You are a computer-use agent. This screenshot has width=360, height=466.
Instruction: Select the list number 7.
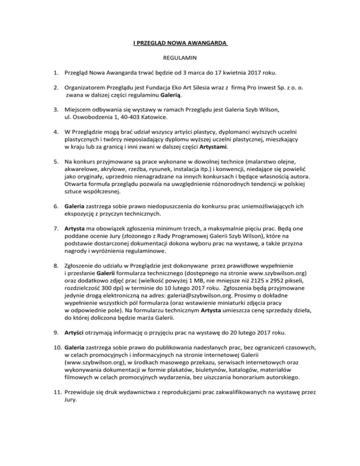click(x=55, y=229)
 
